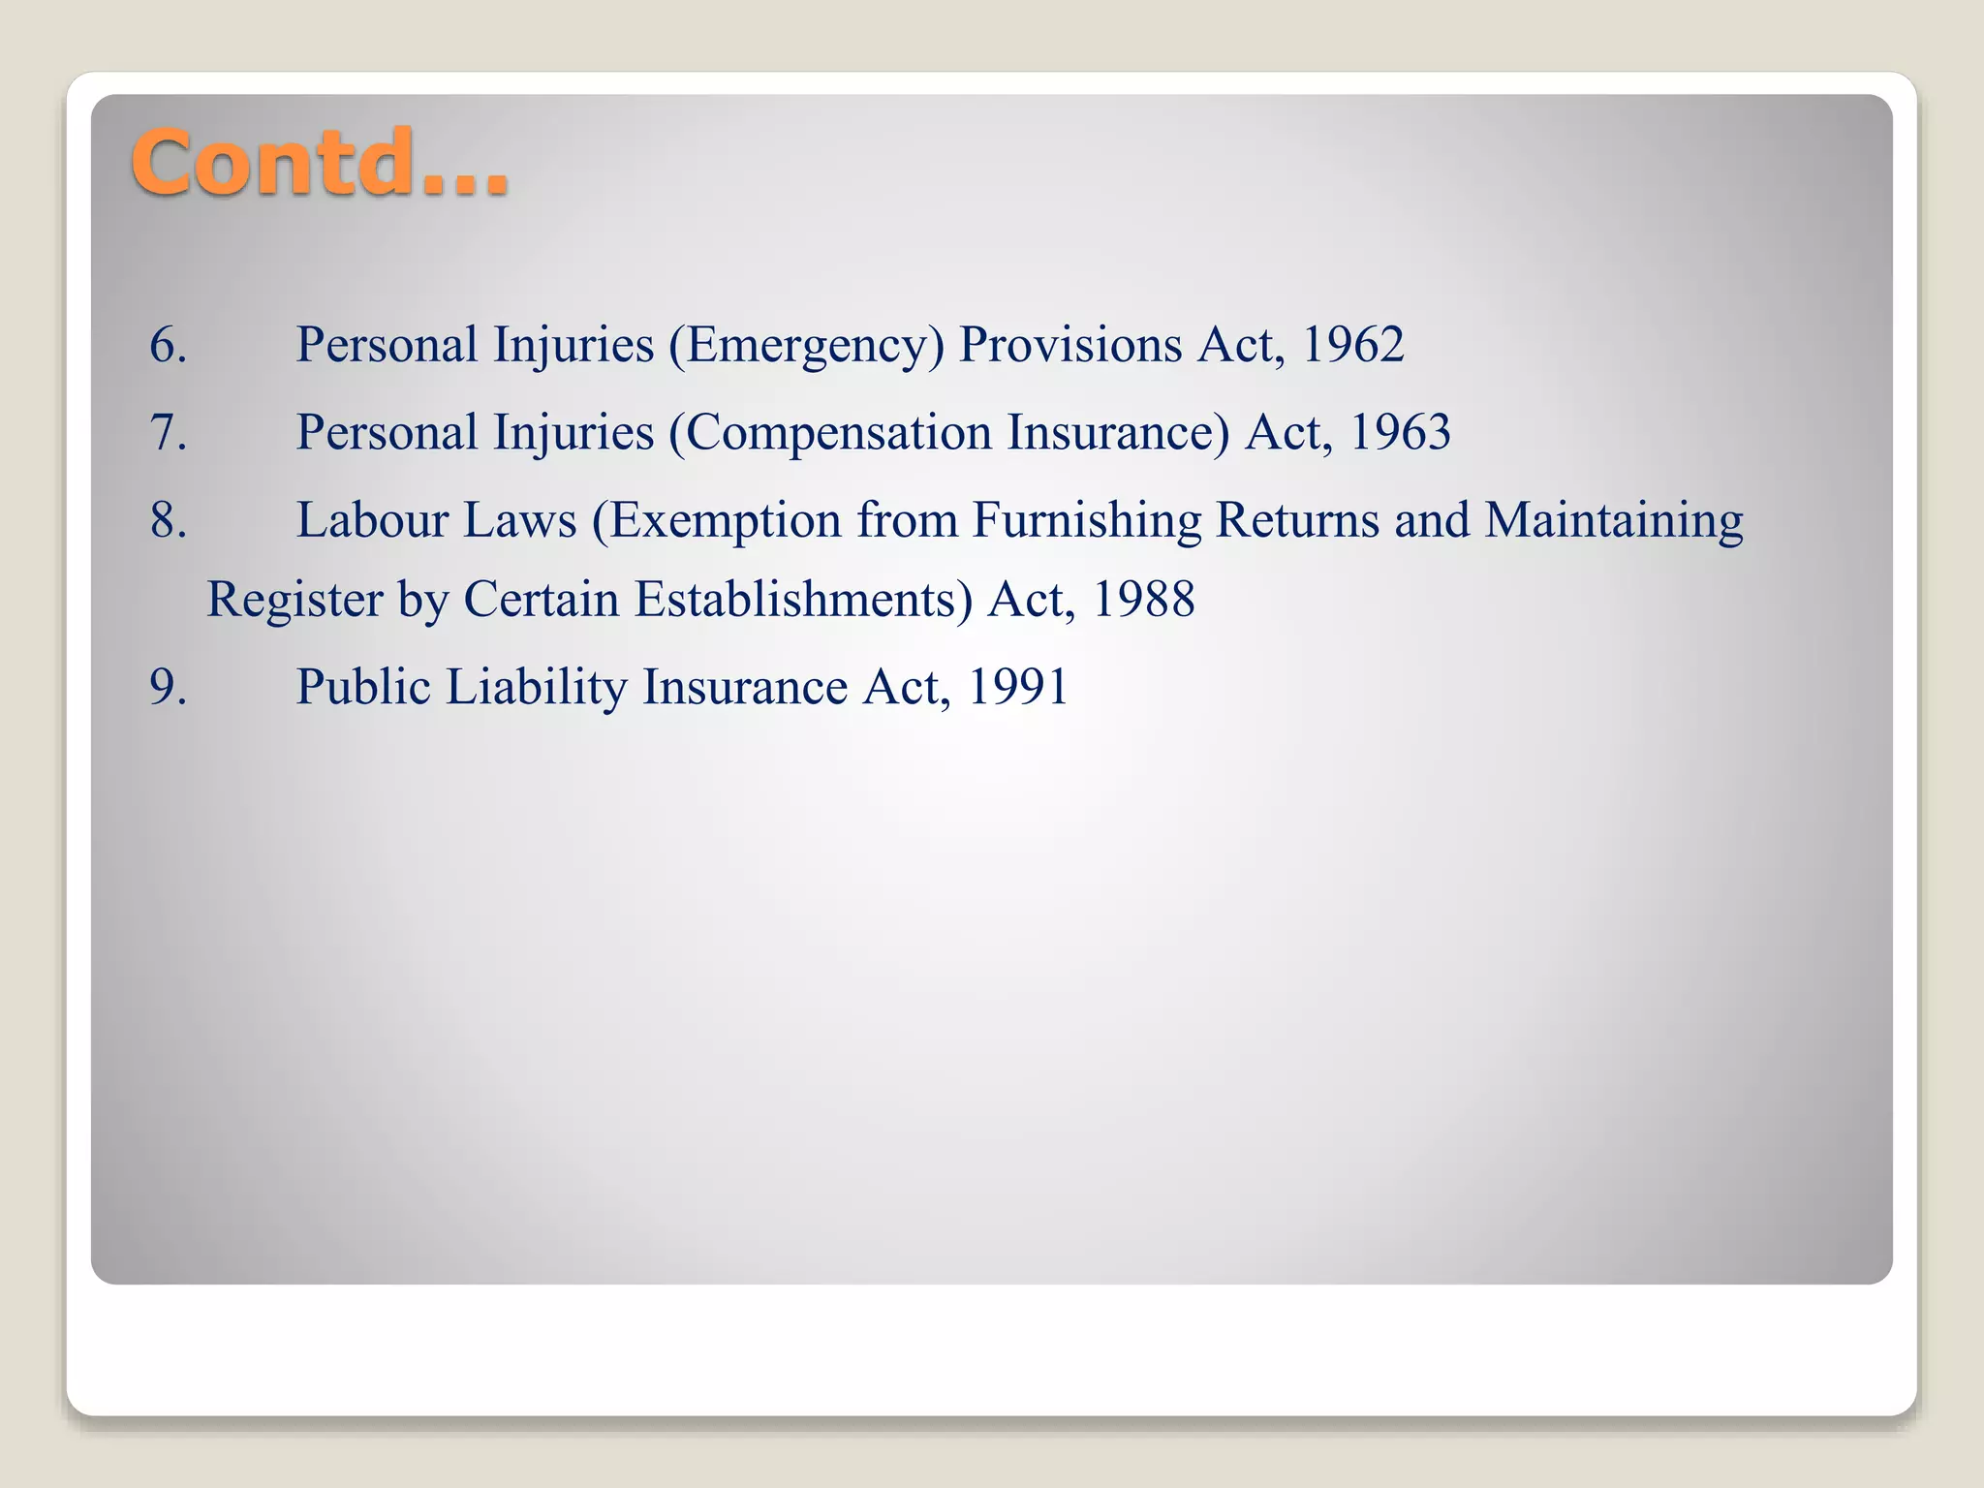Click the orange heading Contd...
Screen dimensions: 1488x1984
coord(320,163)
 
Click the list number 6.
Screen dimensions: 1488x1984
coord(168,345)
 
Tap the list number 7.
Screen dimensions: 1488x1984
coord(168,432)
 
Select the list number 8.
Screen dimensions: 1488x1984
coord(168,520)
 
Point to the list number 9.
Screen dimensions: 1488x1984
coord(168,687)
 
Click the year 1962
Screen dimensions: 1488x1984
coord(1352,345)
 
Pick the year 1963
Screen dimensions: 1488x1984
coord(1399,432)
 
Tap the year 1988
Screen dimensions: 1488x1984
coord(1143,600)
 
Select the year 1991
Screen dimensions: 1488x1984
coord(1017,687)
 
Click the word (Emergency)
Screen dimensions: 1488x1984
coord(806,347)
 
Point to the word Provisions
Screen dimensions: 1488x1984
coord(1070,345)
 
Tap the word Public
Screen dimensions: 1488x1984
coord(363,687)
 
